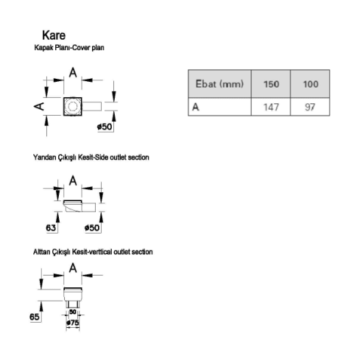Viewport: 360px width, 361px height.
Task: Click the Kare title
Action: coord(54,35)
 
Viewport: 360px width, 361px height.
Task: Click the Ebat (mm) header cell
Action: coord(219,84)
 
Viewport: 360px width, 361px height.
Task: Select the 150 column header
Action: coord(271,84)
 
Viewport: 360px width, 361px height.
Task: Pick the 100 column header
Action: coord(311,84)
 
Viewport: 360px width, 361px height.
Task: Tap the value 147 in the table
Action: coord(271,107)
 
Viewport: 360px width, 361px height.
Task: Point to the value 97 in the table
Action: coord(310,107)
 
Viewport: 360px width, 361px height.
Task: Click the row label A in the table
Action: coord(196,107)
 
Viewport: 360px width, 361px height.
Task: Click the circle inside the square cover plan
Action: coord(72,106)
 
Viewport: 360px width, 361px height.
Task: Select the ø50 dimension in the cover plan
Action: coord(105,127)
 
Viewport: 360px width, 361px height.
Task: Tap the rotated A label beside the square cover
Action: coord(39,106)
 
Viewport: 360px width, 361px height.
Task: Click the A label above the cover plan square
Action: coord(73,73)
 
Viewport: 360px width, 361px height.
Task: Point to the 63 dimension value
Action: coord(51,228)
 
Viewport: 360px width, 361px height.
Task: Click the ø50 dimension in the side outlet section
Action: coord(92,228)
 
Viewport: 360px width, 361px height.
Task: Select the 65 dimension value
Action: coord(35,317)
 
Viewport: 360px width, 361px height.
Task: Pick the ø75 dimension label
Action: coord(73,323)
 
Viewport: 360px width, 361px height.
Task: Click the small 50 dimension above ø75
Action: coord(73,312)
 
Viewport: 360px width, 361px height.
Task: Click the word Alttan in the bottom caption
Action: coord(42,252)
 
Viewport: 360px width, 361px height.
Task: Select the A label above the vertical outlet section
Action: coord(73,268)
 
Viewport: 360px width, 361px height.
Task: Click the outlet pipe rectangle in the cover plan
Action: coord(91,106)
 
